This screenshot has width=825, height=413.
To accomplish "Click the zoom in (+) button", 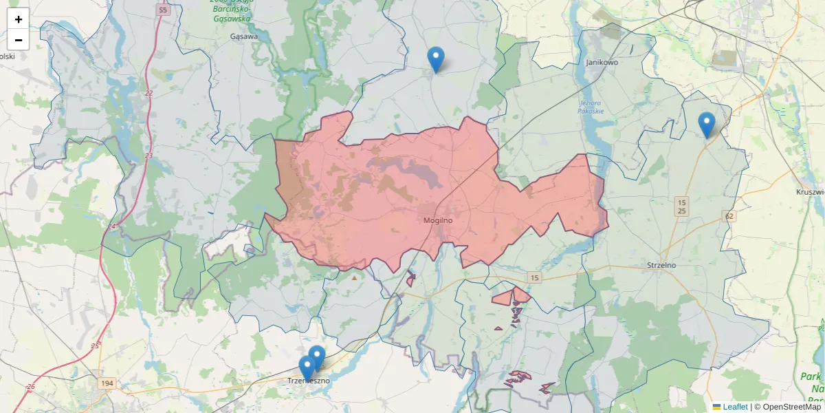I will tap(18, 19).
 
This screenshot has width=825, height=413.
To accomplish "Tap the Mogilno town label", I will tap(437, 221).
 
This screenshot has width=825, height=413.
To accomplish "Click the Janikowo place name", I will tap(602, 62).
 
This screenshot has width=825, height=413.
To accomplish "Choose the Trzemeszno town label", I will tap(309, 381).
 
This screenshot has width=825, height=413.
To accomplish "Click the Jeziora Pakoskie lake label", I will tap(592, 107).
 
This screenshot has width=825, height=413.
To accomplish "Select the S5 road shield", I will tap(162, 10).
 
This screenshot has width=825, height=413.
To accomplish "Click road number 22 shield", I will tap(149, 93).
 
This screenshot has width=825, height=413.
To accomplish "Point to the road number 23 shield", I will tap(149, 156).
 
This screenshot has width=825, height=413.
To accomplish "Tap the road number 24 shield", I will tap(111, 226).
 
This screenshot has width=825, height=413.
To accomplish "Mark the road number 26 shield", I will tap(30, 387).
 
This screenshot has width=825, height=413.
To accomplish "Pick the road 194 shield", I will tap(107, 383).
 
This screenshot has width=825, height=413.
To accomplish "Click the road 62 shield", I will tap(729, 216).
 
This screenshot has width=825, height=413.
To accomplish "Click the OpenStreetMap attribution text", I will tap(787, 407).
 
